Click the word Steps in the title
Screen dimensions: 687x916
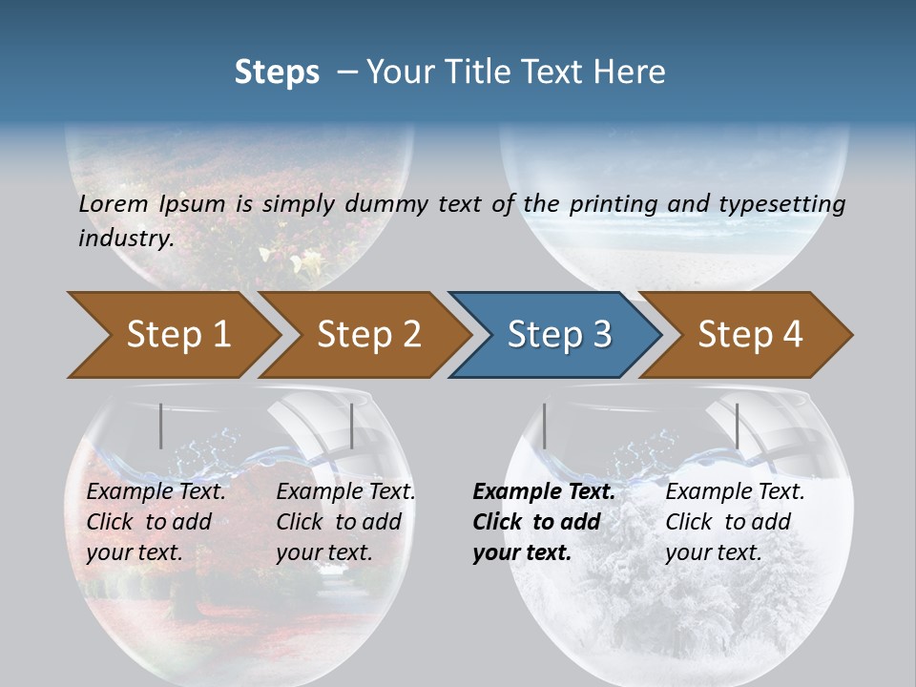[x=277, y=73]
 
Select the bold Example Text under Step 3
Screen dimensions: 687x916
[x=544, y=492]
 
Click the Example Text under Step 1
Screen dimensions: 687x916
[x=156, y=492]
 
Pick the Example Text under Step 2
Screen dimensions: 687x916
[x=345, y=492]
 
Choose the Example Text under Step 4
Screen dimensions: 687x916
[x=735, y=492]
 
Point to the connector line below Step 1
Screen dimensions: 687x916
[x=161, y=426]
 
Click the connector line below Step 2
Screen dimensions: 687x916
[x=352, y=426]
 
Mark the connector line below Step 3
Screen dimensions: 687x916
[x=544, y=426]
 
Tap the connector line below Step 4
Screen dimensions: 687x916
[x=737, y=426]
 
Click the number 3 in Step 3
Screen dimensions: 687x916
[x=601, y=334]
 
